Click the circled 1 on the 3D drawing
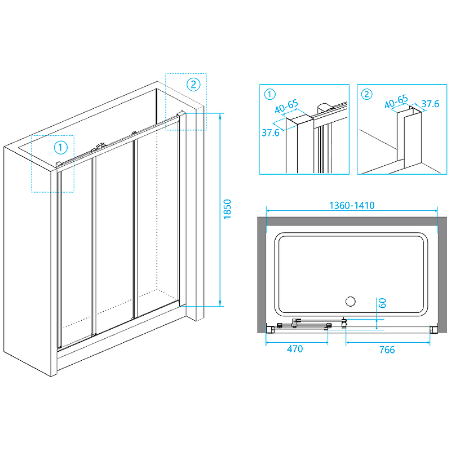pyautogui.click(x=61, y=148)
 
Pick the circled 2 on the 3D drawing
pyautogui.click(x=193, y=85)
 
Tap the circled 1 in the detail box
pyautogui.click(x=269, y=94)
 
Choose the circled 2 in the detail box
pyautogui.click(x=367, y=94)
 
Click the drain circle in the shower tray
pyautogui.click(x=350, y=300)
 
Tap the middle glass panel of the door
pyautogui.click(x=113, y=237)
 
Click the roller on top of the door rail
pyautogui.click(x=100, y=146)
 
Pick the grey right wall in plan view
pyautogui.click(x=434, y=271)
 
